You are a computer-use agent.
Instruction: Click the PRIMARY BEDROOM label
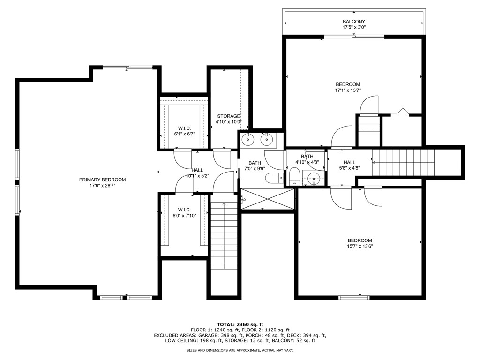(x=102, y=180)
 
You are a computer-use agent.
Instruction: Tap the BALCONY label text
(x=353, y=22)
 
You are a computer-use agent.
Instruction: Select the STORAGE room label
(x=228, y=116)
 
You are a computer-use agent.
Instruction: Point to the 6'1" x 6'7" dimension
(x=185, y=134)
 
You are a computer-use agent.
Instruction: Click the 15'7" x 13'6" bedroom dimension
(x=360, y=246)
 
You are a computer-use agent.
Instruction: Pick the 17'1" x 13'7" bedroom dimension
(x=348, y=90)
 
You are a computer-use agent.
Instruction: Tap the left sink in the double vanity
(x=247, y=140)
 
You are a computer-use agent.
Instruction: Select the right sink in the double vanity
(x=267, y=140)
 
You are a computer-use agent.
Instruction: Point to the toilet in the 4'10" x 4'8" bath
(x=294, y=177)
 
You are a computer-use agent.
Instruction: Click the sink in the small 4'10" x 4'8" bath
(x=314, y=178)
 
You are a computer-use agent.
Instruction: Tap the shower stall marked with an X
(x=268, y=199)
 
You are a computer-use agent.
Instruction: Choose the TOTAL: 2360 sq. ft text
(x=240, y=324)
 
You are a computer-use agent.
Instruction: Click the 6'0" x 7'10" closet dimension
(x=184, y=216)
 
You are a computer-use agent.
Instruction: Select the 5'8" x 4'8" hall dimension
(x=349, y=168)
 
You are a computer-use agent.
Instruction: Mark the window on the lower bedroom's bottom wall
(x=354, y=297)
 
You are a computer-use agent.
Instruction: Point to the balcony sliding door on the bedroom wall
(x=354, y=37)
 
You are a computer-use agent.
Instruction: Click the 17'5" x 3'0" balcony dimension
(x=354, y=27)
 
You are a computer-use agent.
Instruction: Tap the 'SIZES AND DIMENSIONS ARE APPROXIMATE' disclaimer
(x=240, y=350)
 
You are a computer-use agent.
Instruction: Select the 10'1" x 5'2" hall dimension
(x=197, y=176)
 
